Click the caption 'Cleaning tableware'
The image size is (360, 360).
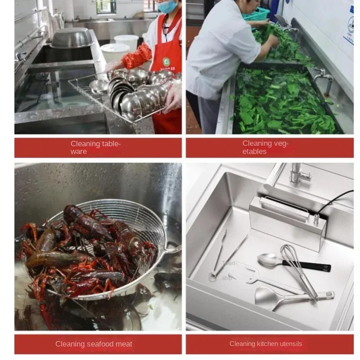tap(95, 148)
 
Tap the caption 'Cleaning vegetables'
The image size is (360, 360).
tap(265, 148)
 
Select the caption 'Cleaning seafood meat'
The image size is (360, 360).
tap(94, 344)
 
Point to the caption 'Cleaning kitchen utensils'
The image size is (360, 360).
tap(265, 344)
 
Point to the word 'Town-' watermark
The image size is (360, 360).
tap(229, 264)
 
